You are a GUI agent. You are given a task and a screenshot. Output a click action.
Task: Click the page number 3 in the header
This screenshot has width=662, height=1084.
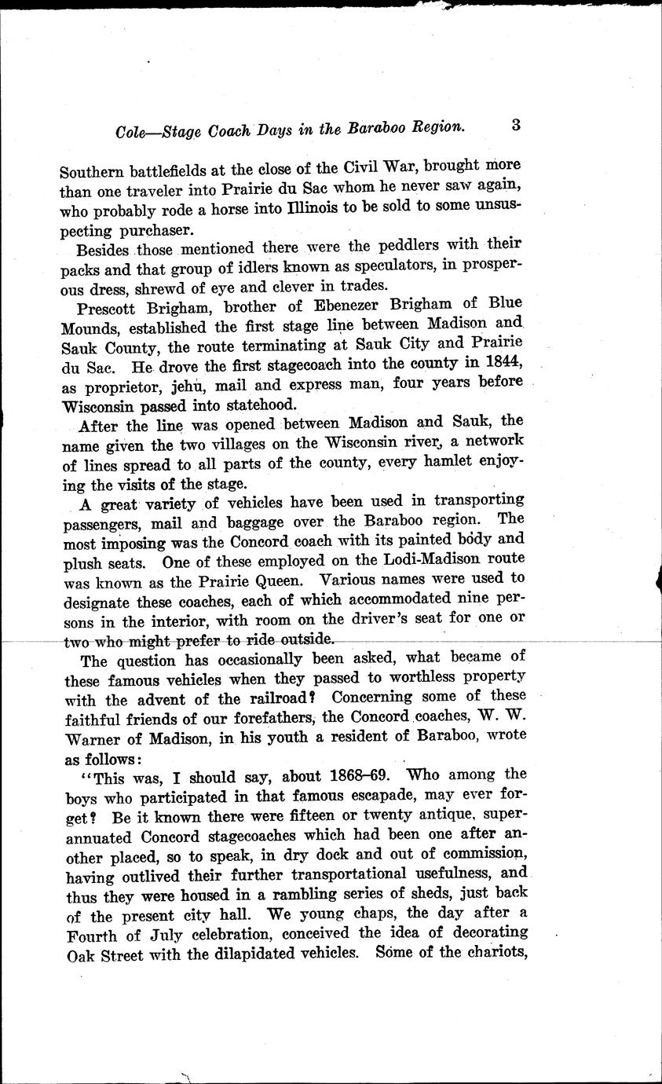[x=516, y=124]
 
